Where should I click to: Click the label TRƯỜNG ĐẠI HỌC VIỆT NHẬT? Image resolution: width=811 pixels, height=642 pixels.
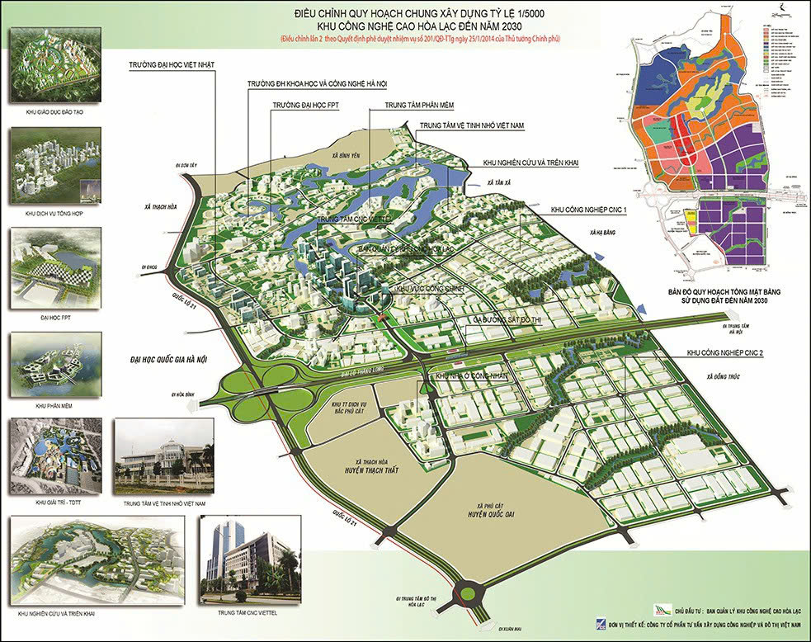point(172,64)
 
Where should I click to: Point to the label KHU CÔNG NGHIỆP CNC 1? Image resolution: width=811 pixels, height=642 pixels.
point(588,210)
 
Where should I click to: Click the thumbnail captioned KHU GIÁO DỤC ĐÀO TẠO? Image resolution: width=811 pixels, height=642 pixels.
point(54,67)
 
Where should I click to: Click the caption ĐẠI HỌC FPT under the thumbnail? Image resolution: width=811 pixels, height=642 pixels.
point(54,314)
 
